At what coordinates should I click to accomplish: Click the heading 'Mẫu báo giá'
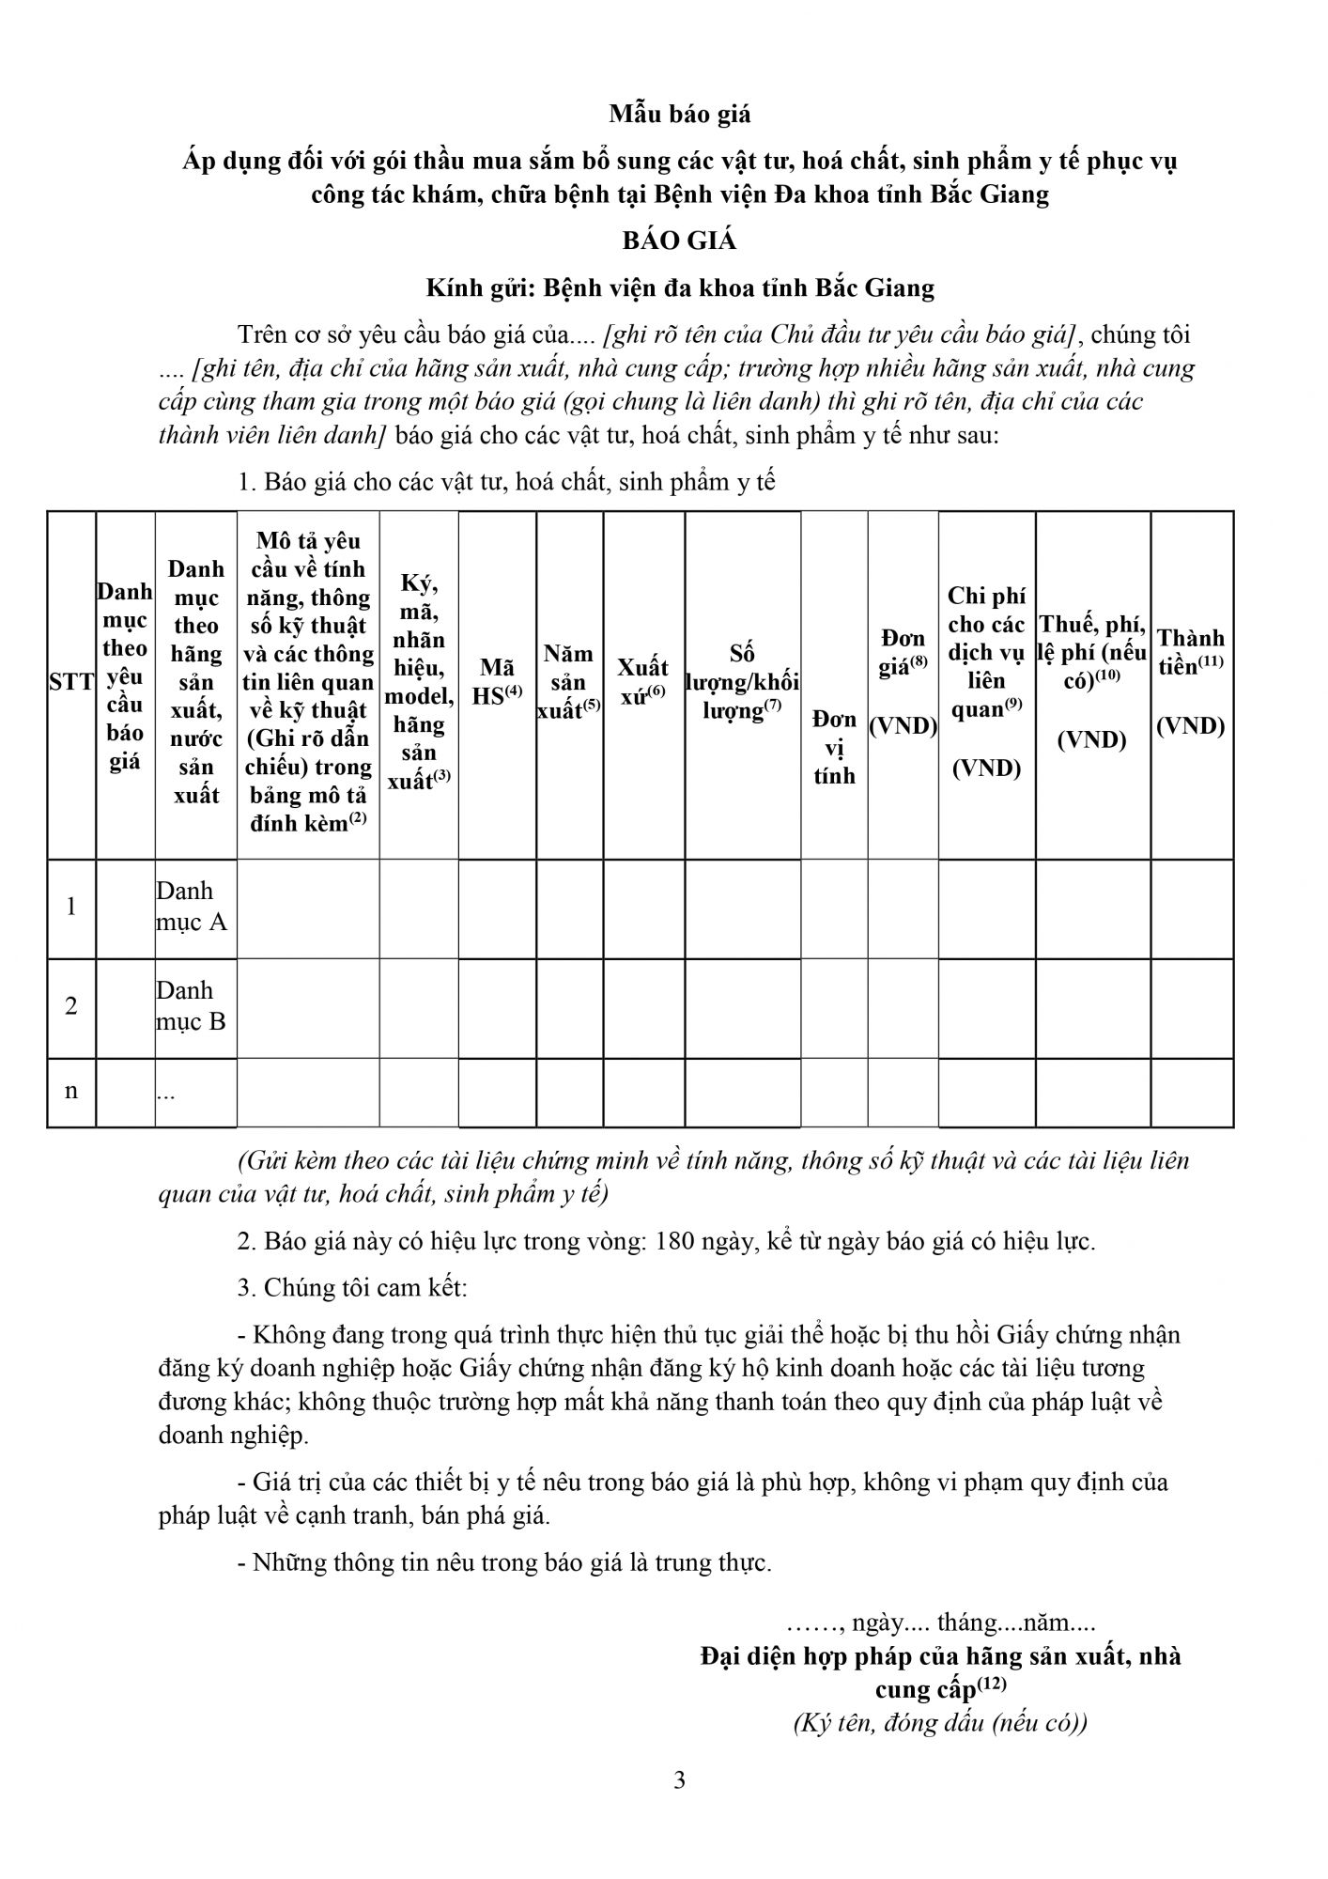tap(680, 115)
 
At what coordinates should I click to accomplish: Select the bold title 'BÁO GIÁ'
tap(679, 241)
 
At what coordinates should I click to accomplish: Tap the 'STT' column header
tap(71, 683)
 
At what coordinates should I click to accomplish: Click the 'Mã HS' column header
tap(497, 682)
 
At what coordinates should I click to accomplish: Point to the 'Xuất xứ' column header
tap(643, 682)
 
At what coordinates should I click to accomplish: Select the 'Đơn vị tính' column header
tap(834, 747)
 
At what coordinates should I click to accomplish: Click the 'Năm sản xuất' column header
tap(568, 682)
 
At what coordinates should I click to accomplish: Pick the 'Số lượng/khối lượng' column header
tap(742, 682)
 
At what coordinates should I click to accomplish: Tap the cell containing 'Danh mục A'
tap(193, 907)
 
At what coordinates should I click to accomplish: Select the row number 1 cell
tap(71, 907)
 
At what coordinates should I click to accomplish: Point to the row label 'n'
tap(71, 1091)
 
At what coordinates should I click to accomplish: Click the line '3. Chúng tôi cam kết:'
tap(352, 1287)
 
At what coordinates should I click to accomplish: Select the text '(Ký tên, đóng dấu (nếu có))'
tap(940, 1724)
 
